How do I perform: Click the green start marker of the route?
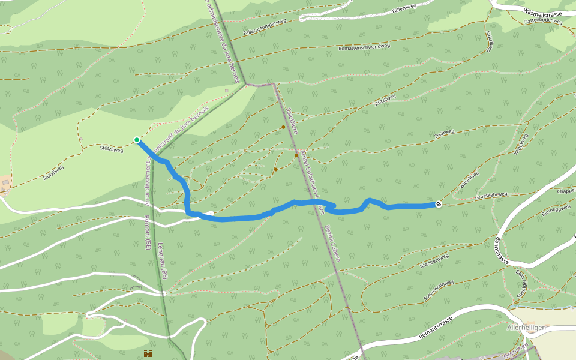pyautogui.click(x=137, y=140)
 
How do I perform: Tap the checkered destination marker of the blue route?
pyautogui.click(x=439, y=205)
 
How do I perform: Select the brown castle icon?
pyautogui.click(x=148, y=354)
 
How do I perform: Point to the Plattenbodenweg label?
pyautogui.click(x=542, y=20)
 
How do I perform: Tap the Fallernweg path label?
pyautogui.click(x=404, y=10)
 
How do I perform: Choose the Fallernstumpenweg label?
pyautogui.click(x=265, y=28)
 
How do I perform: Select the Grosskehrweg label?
pyautogui.click(x=491, y=195)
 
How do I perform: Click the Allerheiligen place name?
pyautogui.click(x=526, y=328)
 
